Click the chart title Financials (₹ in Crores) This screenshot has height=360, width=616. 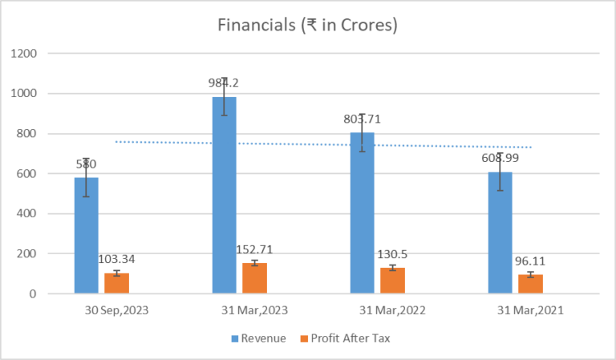click(308, 25)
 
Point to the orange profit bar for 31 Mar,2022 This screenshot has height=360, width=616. click(392, 281)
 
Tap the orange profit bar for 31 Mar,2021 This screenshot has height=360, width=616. click(530, 284)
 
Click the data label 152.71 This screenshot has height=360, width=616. click(255, 249)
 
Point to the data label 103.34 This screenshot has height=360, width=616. click(117, 259)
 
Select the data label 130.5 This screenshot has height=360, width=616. click(392, 253)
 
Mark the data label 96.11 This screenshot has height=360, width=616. click(530, 261)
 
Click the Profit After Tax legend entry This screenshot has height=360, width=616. click(350, 338)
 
